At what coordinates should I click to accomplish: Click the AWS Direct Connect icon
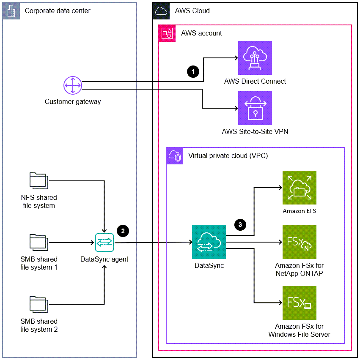[x=255, y=58]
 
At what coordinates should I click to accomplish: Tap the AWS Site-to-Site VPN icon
[x=255, y=108]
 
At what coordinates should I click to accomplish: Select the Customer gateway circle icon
[x=72, y=86]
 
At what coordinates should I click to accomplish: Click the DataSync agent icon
[x=104, y=243]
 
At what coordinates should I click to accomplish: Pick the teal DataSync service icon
[x=209, y=242]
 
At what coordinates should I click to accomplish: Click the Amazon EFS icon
[x=299, y=188]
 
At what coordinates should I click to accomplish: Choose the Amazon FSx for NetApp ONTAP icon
[x=299, y=242]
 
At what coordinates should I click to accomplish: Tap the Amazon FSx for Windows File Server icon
[x=299, y=303]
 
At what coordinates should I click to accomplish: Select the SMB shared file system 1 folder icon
[x=39, y=242]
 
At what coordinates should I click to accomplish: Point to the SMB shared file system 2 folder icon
[x=39, y=304]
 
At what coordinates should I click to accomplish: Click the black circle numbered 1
[x=193, y=72]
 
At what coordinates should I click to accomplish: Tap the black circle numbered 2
[x=123, y=231]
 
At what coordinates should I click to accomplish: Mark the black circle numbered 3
[x=240, y=225]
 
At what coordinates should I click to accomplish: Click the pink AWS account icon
[x=167, y=33]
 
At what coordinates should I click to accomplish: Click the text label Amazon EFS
[x=299, y=211]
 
